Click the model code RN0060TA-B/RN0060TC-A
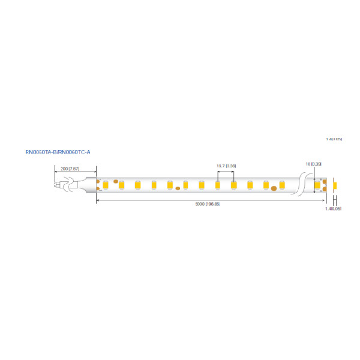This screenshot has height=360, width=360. coord(58,152)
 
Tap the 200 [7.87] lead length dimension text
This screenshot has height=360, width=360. coord(70,169)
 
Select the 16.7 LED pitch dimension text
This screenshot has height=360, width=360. coord(226,165)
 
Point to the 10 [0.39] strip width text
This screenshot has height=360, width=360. coord(314,164)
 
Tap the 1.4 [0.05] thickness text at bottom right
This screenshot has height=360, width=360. coord(333,209)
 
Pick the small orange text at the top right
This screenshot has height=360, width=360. coord(334,139)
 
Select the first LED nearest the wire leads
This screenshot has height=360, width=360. coord(105,184)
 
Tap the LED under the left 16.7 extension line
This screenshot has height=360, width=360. coord(217,184)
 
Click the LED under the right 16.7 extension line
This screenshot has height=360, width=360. coord(233,184)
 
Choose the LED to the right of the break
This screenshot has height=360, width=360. coord(317,184)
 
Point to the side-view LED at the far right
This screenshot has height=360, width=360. coord(334,184)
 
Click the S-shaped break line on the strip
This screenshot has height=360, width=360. coord(301,184)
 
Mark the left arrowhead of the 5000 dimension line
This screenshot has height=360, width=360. coord(98,200)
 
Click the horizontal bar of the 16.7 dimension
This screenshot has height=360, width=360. coord(226,172)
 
